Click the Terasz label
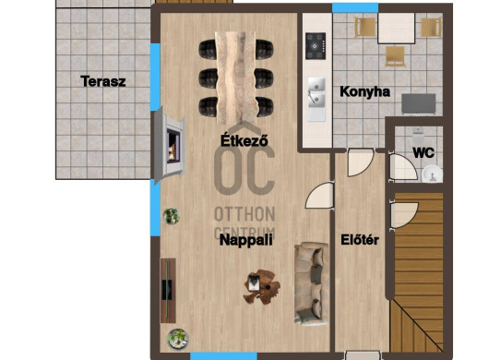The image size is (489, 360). [x=103, y=81]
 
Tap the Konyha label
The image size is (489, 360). [x=364, y=91]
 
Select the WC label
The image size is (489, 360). [x=423, y=153]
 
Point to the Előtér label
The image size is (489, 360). [x=360, y=240]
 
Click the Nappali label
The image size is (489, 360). [x=246, y=240]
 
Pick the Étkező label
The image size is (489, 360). [x=244, y=140]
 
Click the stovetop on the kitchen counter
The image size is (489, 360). [x=316, y=46]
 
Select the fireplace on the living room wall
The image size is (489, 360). [x=169, y=145]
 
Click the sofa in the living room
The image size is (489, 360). [x=311, y=283]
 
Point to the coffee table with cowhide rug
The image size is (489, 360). [x=261, y=287]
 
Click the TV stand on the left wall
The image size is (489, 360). [x=168, y=291]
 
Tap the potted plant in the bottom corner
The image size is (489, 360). [x=178, y=339]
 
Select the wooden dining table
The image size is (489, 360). [x=236, y=78]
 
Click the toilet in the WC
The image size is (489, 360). [x=418, y=135]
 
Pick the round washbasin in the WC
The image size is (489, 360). [x=432, y=174]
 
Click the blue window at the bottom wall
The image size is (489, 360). [x=223, y=356]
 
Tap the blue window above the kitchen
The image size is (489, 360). [x=355, y=8]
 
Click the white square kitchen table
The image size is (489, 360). [x=397, y=28]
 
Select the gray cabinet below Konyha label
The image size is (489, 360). [x=419, y=103]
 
